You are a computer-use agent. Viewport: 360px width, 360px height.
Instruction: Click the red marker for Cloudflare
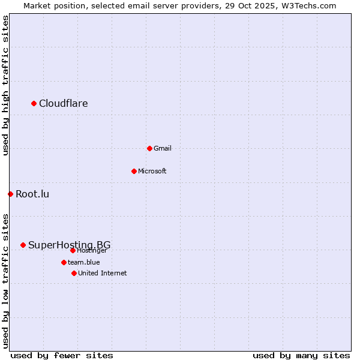[34, 104]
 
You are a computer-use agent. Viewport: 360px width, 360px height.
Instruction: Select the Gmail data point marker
[149, 148]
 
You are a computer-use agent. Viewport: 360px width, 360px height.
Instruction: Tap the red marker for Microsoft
[134, 171]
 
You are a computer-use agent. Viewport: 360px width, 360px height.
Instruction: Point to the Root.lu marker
[10, 194]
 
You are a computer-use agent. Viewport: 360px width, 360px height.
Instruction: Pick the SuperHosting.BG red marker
[23, 245]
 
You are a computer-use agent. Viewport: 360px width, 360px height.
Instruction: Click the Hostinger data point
[73, 250]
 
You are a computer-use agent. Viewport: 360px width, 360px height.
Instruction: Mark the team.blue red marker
[64, 262]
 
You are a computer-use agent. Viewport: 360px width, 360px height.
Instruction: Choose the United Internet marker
[74, 273]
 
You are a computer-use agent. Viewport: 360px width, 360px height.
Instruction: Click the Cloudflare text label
[63, 104]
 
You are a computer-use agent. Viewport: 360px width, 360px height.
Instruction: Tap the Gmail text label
[163, 148]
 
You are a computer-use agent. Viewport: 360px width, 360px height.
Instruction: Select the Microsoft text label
[152, 171]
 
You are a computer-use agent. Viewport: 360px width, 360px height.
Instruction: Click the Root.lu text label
[32, 194]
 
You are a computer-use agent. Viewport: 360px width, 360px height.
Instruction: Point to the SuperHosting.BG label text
[69, 245]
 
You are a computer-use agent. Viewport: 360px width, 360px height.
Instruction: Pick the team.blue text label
[84, 262]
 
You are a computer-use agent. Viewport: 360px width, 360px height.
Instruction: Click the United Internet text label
[103, 273]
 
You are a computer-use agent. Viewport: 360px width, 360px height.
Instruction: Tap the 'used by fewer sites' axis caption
[62, 355]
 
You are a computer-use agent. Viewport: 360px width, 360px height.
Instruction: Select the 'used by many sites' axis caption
[301, 355]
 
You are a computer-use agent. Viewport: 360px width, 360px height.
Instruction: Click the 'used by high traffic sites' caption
[5, 86]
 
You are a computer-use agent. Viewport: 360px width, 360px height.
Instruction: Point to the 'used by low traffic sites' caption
[5, 281]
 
